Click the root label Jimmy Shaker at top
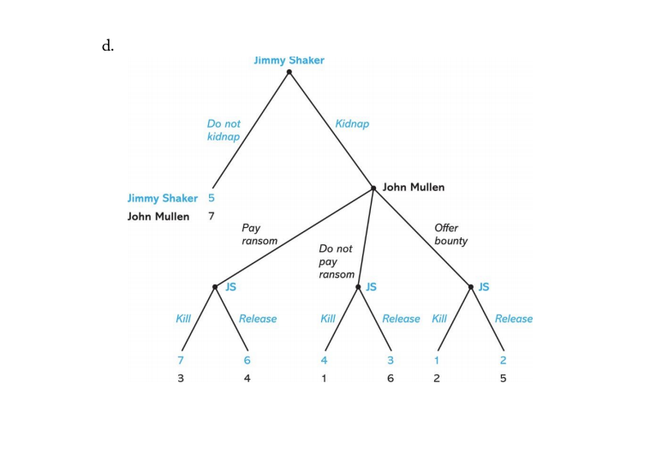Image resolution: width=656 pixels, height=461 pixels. tap(289, 60)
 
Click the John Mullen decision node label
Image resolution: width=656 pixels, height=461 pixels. tap(414, 187)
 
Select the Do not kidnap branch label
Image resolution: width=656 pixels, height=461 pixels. tap(224, 130)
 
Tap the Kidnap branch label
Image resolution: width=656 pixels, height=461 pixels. tap(352, 123)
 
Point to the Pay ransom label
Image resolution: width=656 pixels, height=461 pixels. tap(259, 235)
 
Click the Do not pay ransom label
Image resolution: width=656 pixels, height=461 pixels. tap(336, 261)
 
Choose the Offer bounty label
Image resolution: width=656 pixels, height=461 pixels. tap(450, 235)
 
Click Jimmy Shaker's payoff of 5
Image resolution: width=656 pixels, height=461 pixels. tap(212, 199)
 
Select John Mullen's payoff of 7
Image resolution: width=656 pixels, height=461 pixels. tap(212, 216)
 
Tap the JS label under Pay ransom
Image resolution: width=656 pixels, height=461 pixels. tap(230, 287)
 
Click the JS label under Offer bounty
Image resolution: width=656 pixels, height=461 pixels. tap(484, 287)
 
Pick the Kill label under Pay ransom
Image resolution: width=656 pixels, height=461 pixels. tap(183, 319)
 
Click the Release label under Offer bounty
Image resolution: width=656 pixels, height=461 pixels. tap(514, 319)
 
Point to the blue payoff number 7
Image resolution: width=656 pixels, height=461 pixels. tap(181, 360)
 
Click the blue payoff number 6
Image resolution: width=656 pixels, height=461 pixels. tap(247, 360)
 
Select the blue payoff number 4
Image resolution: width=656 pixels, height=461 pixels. tap(325, 360)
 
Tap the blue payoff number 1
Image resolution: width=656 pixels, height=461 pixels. tap(436, 360)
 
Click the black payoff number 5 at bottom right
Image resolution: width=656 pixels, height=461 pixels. tap(504, 378)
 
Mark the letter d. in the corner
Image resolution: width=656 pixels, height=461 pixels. tap(108, 46)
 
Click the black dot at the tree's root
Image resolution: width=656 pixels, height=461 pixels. tap(289, 72)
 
